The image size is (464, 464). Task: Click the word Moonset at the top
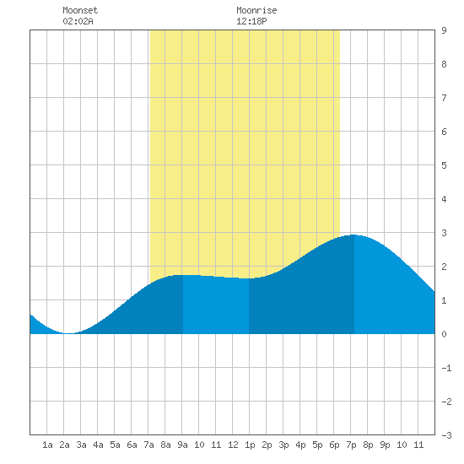tap(80, 10)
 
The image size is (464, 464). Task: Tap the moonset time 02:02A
tap(78, 21)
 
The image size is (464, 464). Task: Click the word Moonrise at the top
tap(256, 10)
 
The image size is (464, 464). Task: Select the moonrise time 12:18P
tap(251, 21)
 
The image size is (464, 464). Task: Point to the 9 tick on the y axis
tap(444, 30)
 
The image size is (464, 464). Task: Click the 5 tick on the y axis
tap(444, 165)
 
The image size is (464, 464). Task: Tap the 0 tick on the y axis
tap(444, 334)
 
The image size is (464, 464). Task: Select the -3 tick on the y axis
tap(446, 435)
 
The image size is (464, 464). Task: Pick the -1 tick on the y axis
tap(446, 368)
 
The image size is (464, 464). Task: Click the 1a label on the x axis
tap(47, 445)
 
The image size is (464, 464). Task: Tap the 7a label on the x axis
tap(148, 445)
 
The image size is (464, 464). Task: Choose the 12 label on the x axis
tap(233, 445)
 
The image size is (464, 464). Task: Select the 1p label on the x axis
tap(250, 445)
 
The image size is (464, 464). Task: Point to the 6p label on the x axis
tap(334, 445)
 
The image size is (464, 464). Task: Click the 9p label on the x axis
tap(385, 445)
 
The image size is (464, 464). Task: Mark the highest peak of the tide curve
tap(354, 235)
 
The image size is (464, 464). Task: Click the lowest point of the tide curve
tap(68, 333)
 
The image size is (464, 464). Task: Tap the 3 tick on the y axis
tap(444, 233)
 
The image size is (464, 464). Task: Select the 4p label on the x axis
tap(300, 445)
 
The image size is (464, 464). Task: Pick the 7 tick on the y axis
tap(444, 98)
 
